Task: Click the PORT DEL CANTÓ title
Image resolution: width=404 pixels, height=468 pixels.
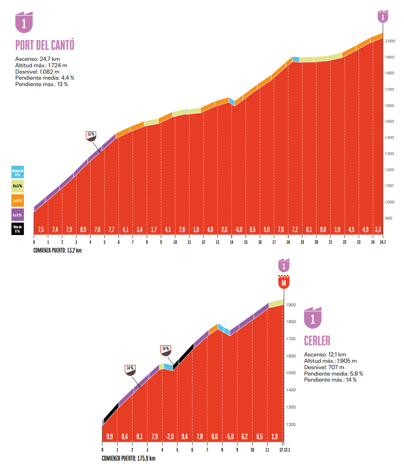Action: click(x=45, y=45)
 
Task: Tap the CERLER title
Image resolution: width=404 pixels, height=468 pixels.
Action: click(x=317, y=341)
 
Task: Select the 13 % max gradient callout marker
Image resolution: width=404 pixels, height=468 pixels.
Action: click(x=91, y=136)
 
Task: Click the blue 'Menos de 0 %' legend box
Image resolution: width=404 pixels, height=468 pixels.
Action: click(x=18, y=172)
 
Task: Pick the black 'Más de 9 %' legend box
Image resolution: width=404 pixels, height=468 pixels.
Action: click(x=18, y=229)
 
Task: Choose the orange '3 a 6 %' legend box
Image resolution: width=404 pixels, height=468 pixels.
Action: click(x=18, y=200)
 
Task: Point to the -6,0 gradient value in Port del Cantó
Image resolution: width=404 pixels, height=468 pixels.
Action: click(x=238, y=230)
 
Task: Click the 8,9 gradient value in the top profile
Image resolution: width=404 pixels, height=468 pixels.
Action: click(x=83, y=230)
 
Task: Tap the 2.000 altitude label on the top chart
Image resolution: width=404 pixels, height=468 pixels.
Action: click(x=390, y=41)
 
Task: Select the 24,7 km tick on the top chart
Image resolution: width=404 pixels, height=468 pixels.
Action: click(x=383, y=242)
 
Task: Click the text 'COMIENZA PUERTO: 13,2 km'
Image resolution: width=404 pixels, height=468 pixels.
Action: click(x=58, y=250)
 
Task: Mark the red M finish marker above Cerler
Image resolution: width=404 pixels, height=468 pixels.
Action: click(x=283, y=283)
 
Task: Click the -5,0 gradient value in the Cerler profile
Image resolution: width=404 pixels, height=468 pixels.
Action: click(x=229, y=437)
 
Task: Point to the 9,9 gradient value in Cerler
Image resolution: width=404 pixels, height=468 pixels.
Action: click(x=110, y=437)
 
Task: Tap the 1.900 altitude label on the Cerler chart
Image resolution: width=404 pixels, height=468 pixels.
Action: click(x=291, y=305)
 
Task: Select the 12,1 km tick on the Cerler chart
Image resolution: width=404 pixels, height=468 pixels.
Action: click(x=287, y=450)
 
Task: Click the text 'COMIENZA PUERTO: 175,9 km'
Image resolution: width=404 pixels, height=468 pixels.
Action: click(x=129, y=458)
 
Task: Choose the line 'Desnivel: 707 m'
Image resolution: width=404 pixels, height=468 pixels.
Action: click(x=324, y=367)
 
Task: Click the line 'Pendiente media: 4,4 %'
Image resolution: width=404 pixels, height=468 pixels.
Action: click(x=45, y=78)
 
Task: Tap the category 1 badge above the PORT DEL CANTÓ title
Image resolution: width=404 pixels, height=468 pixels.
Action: click(x=24, y=23)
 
